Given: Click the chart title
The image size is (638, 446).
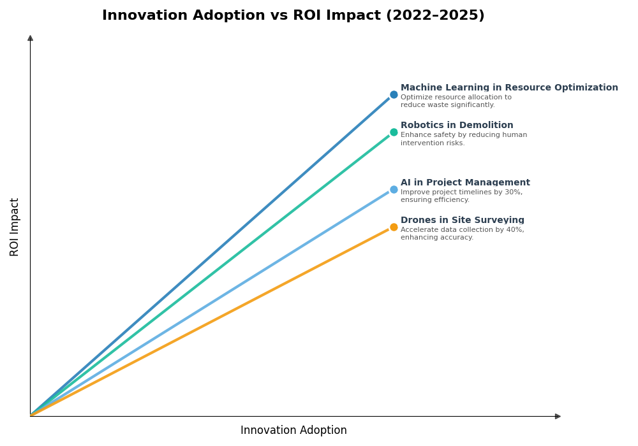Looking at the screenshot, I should point(293,16).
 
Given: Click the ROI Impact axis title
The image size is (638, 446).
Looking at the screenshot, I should point(15,227).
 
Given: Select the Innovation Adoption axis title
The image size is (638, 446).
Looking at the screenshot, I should point(293,431).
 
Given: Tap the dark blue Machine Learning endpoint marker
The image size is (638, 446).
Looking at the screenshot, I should point(394,95).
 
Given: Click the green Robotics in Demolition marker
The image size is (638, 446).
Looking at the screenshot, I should point(394,133).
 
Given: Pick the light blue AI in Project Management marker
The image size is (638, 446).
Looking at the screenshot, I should point(394,189).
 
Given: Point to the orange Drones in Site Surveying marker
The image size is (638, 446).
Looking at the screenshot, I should point(394,227).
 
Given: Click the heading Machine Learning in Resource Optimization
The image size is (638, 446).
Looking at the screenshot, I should point(509,88).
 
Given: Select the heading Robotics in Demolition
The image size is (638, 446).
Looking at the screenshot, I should point(457,126).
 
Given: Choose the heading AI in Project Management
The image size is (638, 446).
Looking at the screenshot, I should point(465,183).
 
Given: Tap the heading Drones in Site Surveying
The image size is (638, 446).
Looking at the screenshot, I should point(462,220).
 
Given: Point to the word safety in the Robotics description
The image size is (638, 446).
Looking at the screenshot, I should point(443,135).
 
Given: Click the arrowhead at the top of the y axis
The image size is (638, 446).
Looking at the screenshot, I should point(30,38).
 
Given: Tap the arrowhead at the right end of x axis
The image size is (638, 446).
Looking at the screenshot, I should point(558,416).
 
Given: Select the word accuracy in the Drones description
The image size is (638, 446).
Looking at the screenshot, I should point(457,238).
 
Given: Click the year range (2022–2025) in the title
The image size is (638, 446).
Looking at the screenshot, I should point(435,16).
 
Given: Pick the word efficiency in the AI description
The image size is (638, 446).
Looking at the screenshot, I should point(452,200).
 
